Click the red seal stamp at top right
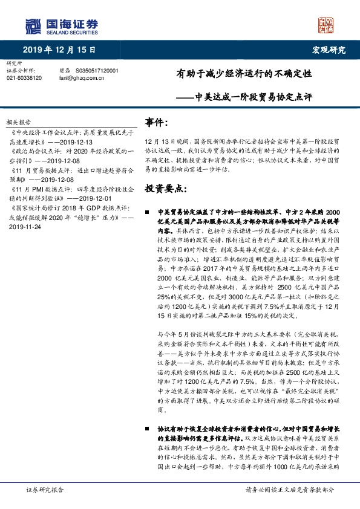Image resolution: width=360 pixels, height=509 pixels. (x=327, y=25)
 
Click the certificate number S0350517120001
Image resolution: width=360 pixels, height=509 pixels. (x=97, y=71)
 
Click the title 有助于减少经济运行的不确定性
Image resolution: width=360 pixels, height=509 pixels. (x=244, y=76)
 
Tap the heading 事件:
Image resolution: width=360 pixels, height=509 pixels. (x=156, y=123)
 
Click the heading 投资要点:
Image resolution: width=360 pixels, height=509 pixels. (x=163, y=189)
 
